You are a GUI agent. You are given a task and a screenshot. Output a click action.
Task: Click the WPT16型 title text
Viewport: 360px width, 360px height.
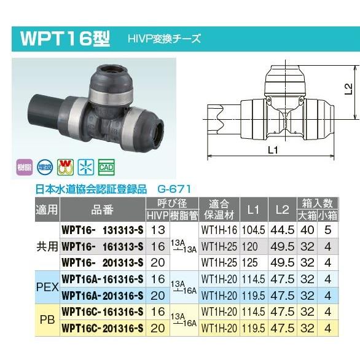point(65,40)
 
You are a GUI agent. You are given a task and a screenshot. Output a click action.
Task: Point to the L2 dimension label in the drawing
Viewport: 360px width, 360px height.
point(348,90)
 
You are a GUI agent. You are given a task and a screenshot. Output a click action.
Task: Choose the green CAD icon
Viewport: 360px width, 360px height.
point(106,166)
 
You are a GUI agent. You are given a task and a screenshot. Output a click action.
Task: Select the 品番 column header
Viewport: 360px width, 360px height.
point(103,209)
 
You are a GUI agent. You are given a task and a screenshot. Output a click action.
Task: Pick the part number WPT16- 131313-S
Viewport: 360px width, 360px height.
point(103,230)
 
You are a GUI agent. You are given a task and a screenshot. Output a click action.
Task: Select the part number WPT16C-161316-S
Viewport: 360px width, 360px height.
point(103,313)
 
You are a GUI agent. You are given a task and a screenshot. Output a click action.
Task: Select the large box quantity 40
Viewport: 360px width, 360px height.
point(309,230)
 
